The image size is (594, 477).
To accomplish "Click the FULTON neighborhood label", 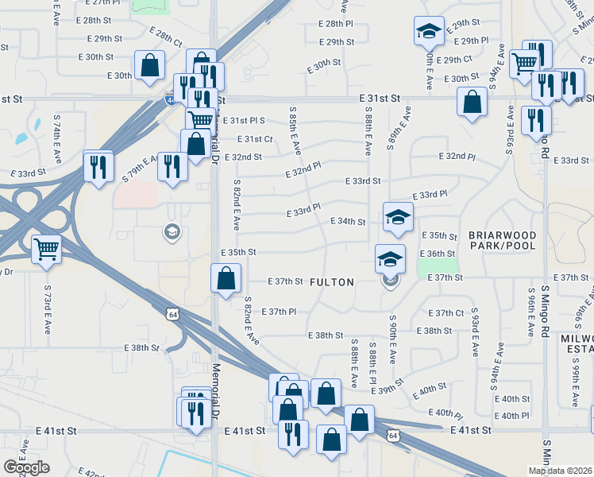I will [x=331, y=281].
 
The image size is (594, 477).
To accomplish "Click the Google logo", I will [x=26, y=467].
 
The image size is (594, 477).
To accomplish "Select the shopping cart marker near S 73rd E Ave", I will [x=47, y=249].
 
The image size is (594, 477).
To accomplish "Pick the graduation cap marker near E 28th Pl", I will [x=429, y=31].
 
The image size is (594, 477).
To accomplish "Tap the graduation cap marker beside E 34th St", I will [x=398, y=216].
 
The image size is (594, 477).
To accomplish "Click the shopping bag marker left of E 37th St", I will [x=226, y=278].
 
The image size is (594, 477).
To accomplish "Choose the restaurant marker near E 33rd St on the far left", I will [x=98, y=166].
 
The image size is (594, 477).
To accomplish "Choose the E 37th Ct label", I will [x=445, y=313].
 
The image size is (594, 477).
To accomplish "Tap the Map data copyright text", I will [x=561, y=471].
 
